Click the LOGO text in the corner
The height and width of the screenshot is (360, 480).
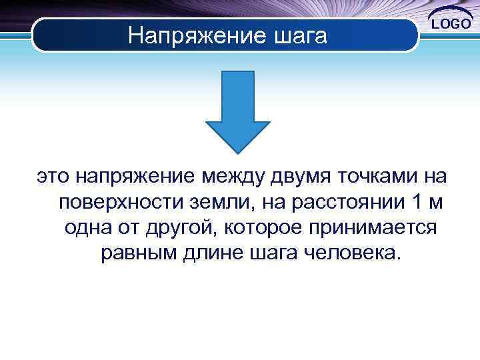pyautogui.click(x=452, y=24)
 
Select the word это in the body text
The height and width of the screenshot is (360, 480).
pyautogui.click(x=53, y=176)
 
